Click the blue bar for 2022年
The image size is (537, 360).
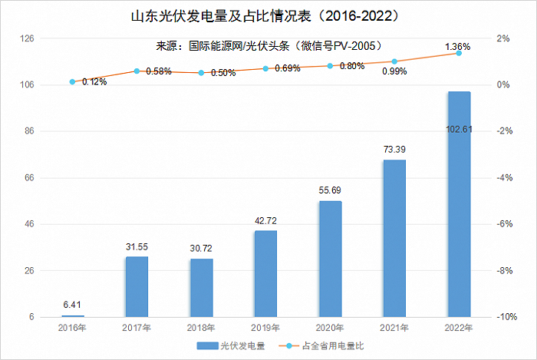[459, 204]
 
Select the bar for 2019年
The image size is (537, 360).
[265, 274]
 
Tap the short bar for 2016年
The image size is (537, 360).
[73, 315]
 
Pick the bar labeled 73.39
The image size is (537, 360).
[394, 238]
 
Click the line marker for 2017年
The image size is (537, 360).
[137, 71]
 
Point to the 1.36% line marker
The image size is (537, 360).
[459, 53]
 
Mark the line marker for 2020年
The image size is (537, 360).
[330, 66]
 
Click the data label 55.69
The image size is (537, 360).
[330, 190]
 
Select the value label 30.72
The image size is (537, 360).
[201, 249]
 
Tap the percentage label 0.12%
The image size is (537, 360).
[94, 82]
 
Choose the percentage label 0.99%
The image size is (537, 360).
[394, 71]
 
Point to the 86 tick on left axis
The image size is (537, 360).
[29, 130]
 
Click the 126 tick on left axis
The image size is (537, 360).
[28, 38]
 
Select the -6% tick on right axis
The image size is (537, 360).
[505, 224]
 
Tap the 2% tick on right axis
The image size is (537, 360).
[503, 38]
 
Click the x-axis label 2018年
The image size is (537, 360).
[201, 328]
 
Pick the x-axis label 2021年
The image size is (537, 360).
[394, 328]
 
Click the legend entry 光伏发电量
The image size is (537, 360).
[231, 346]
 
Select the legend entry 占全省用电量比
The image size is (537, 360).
[321, 346]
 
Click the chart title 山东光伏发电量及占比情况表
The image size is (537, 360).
[221, 16]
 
